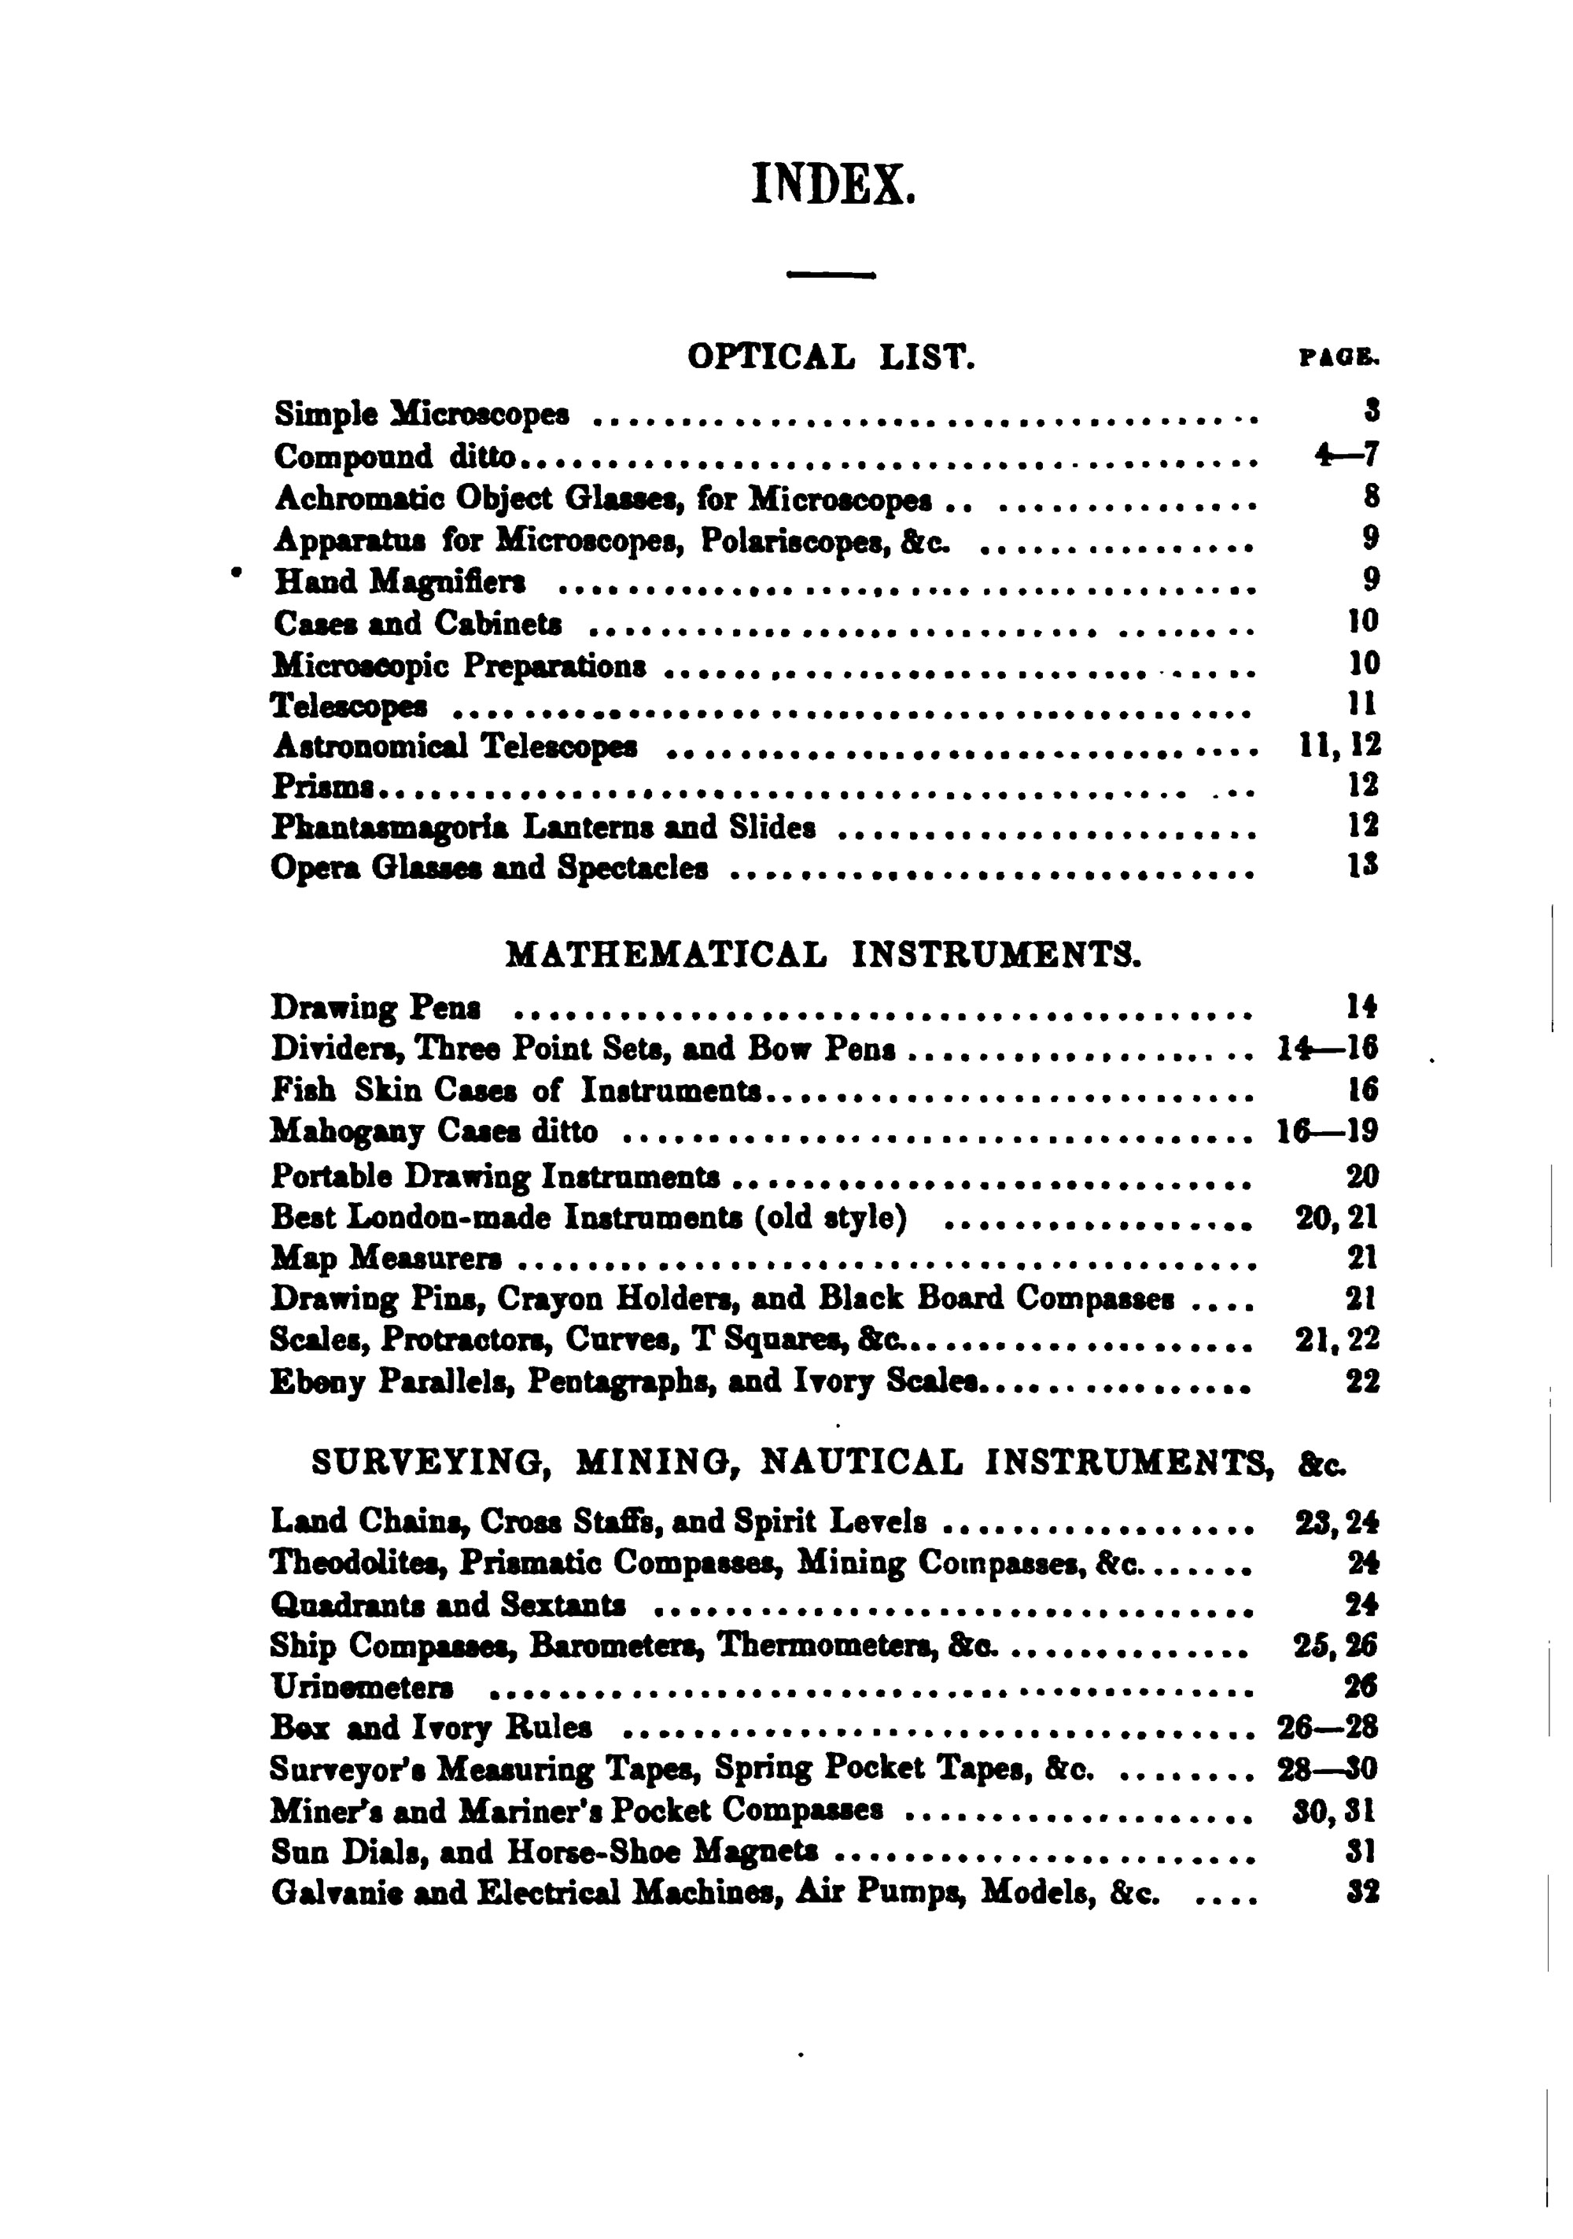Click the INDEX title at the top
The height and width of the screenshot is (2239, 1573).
coord(833,183)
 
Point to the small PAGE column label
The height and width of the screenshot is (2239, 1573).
coord(1339,359)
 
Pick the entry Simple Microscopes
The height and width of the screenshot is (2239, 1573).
coord(422,415)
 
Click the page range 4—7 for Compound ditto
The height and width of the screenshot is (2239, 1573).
coord(1346,455)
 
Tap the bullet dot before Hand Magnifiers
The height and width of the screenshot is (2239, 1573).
coord(234,575)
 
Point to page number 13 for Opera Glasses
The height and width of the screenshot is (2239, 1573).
coord(1362,866)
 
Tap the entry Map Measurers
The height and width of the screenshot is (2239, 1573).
coord(386,1259)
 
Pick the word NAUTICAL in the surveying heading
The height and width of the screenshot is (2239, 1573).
coord(861,1463)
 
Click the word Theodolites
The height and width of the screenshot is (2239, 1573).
coord(358,1562)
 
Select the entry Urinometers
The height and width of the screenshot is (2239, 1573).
coord(362,1686)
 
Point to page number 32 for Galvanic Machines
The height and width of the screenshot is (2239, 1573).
coord(1361,1893)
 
